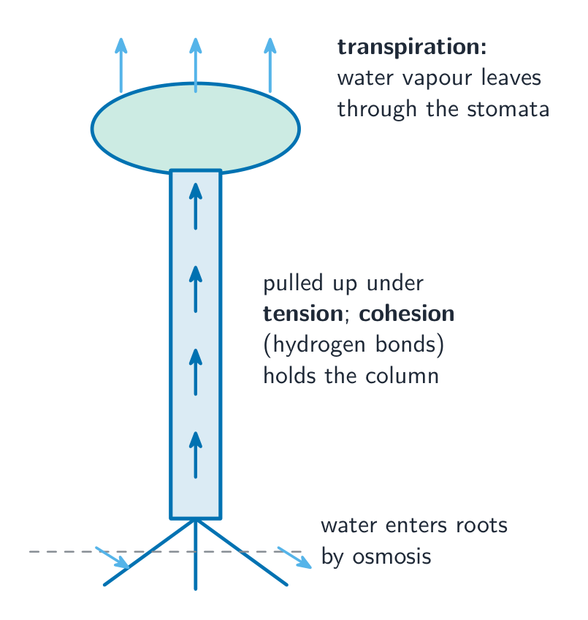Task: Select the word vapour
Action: tap(438, 78)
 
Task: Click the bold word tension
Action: tap(303, 314)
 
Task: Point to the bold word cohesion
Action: tap(407, 314)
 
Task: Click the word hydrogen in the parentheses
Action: tap(319, 345)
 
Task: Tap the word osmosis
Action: tap(392, 556)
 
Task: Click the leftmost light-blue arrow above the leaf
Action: tap(121, 65)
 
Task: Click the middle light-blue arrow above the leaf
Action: tap(196, 65)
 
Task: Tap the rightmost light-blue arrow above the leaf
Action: tap(270, 65)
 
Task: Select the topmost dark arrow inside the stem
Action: tap(196, 206)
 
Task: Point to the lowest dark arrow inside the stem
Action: tap(196, 455)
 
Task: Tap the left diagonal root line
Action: tap(150, 552)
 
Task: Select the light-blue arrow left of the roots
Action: tap(112, 558)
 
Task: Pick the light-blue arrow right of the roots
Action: tap(294, 558)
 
